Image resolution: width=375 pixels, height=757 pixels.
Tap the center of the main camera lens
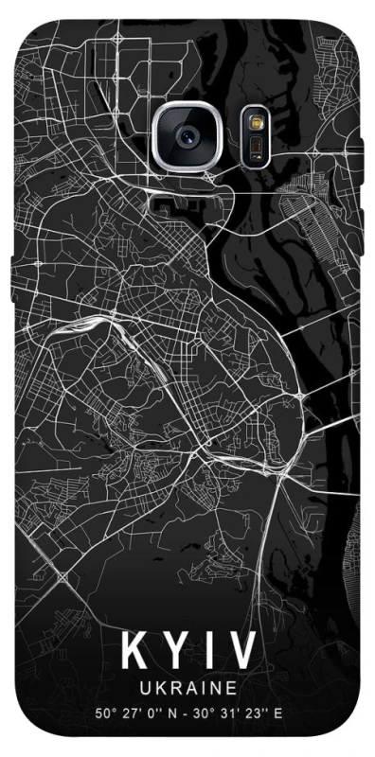click(187, 136)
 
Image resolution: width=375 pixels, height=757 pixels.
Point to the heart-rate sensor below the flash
click(254, 147)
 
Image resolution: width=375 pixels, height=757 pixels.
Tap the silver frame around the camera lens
click(187, 105)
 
